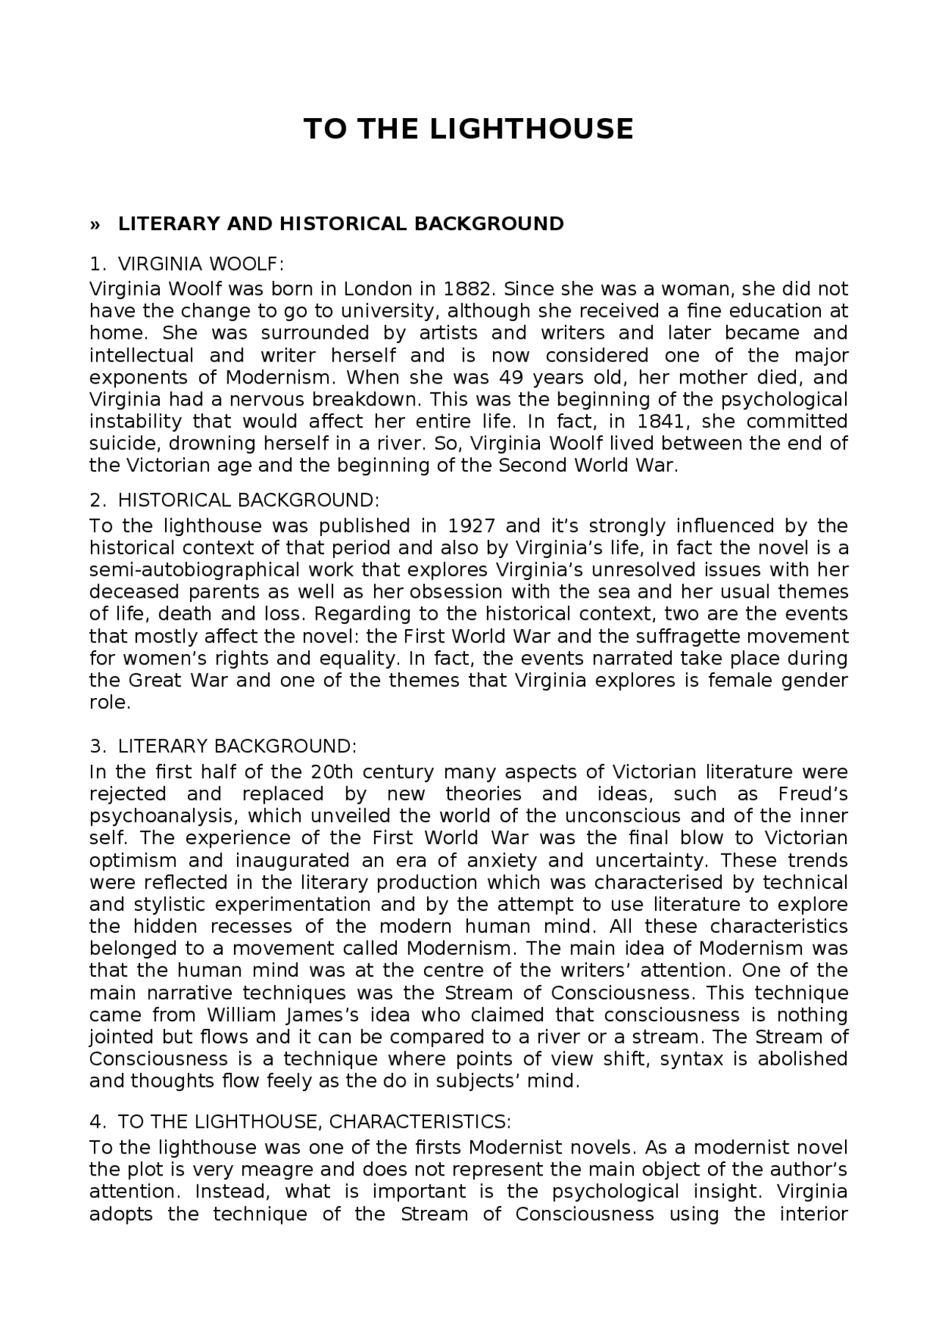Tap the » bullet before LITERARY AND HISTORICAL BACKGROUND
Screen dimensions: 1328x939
94,224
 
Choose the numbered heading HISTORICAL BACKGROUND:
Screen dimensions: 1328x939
248,501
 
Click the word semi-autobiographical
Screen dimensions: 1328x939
194,571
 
